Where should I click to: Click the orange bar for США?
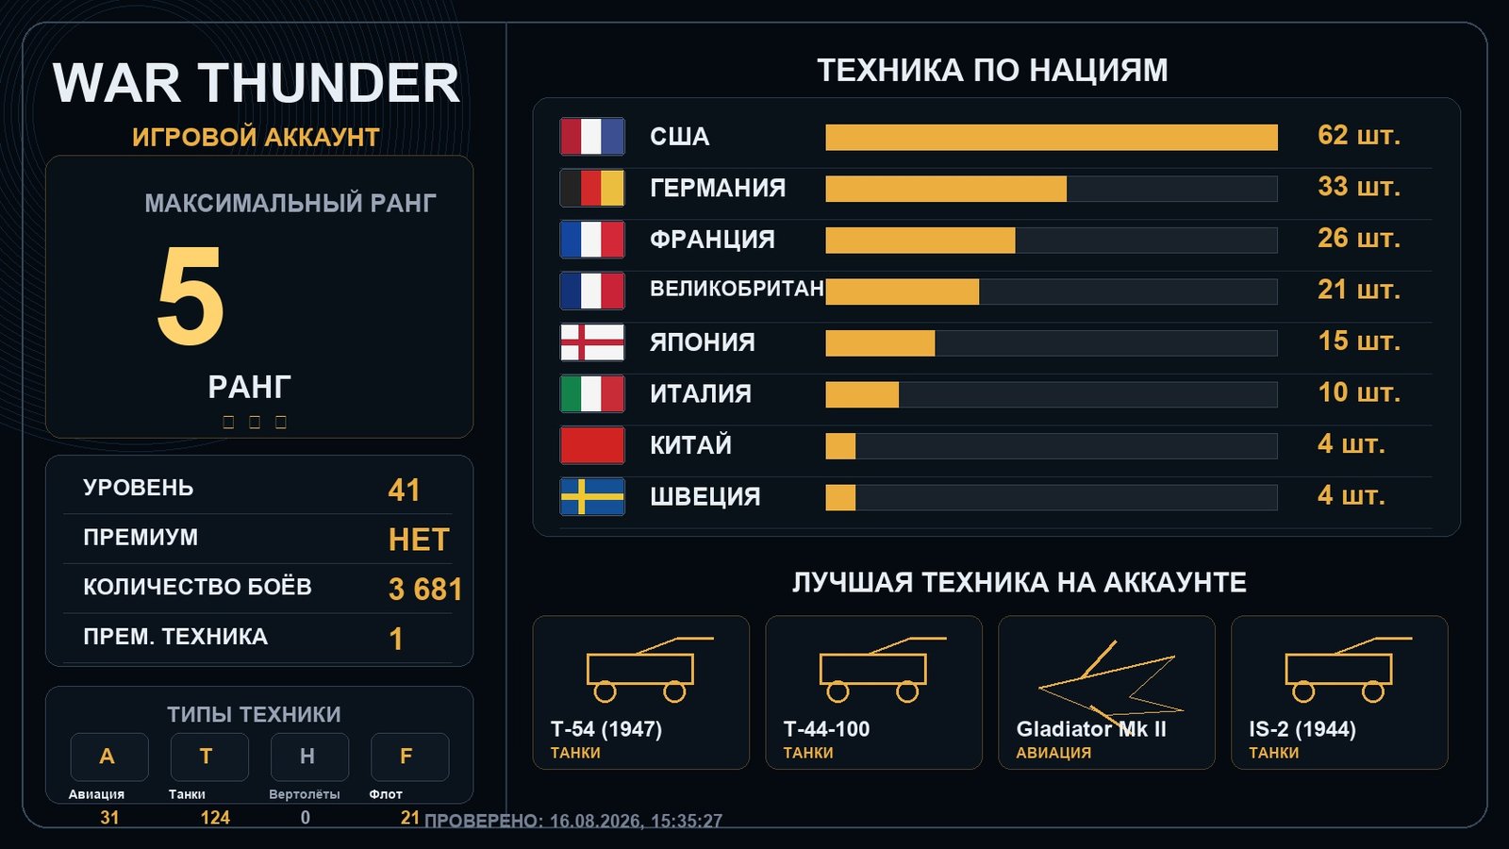pos(1052,138)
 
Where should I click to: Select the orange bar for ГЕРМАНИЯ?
pos(946,189)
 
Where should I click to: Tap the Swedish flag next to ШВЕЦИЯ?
pos(592,496)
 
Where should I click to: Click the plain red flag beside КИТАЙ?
pos(592,445)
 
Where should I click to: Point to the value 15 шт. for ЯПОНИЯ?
pos(1359,341)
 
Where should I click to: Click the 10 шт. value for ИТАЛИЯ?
pos(1359,392)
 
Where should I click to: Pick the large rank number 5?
pos(190,296)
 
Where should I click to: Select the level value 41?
pos(405,490)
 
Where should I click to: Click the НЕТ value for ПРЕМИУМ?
pos(419,540)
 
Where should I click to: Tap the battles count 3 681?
pos(425,589)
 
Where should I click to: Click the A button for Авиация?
pos(109,757)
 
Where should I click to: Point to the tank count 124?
pos(215,817)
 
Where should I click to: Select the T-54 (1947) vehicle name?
pos(606,729)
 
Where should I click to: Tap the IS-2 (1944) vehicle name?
pos(1302,729)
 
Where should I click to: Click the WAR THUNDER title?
pos(256,83)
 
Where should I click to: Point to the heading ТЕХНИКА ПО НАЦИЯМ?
pos(992,70)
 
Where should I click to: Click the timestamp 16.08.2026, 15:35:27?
pos(636,821)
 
